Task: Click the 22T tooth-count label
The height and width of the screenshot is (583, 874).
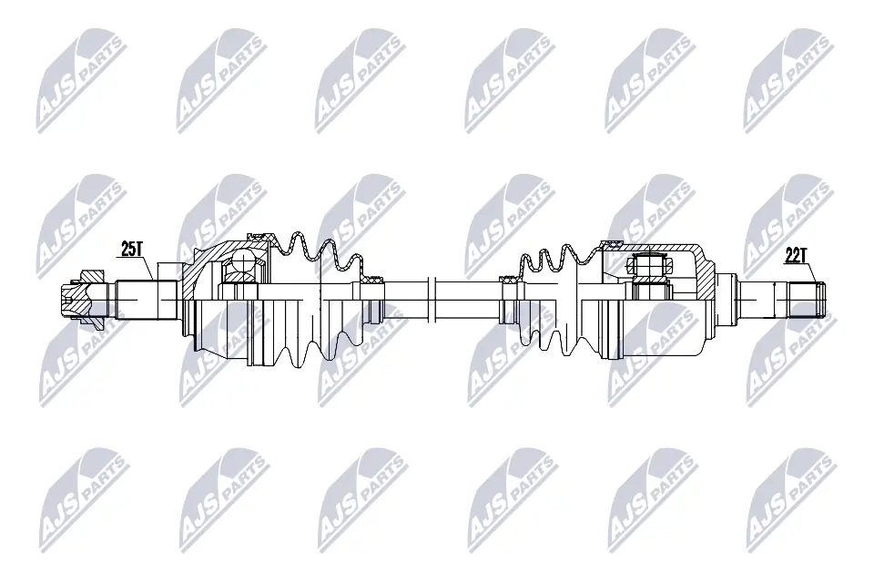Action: coord(796,256)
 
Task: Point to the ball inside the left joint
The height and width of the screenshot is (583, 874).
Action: coord(244,265)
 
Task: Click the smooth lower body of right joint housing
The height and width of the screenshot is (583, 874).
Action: coord(655,332)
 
